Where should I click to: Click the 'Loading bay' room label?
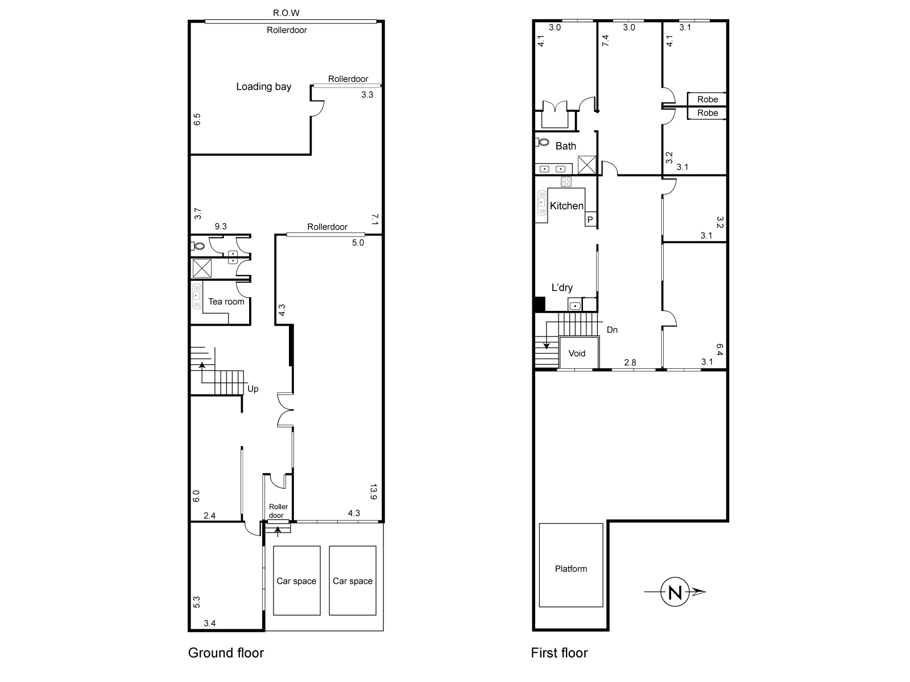tap(264, 86)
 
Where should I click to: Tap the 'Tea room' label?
tap(226, 301)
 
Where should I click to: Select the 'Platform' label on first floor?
tap(571, 568)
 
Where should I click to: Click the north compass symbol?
tap(675, 592)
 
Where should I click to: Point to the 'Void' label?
tap(577, 353)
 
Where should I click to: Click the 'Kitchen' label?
tap(566, 206)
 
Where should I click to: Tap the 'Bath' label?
tap(565, 145)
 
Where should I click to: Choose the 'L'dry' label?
tap(562, 288)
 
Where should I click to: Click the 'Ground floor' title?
tap(226, 652)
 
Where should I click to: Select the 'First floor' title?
tap(559, 652)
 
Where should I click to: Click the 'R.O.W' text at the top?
tap(286, 13)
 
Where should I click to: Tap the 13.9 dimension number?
tap(373, 492)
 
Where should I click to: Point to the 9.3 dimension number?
tap(221, 226)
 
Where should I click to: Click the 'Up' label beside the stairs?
tap(253, 389)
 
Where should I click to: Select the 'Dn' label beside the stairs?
tap(612, 330)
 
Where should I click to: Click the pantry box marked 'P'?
tap(590, 219)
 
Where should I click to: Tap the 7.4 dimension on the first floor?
tap(605, 40)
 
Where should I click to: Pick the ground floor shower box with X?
tap(202, 268)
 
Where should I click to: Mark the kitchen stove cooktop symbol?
tap(566, 181)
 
